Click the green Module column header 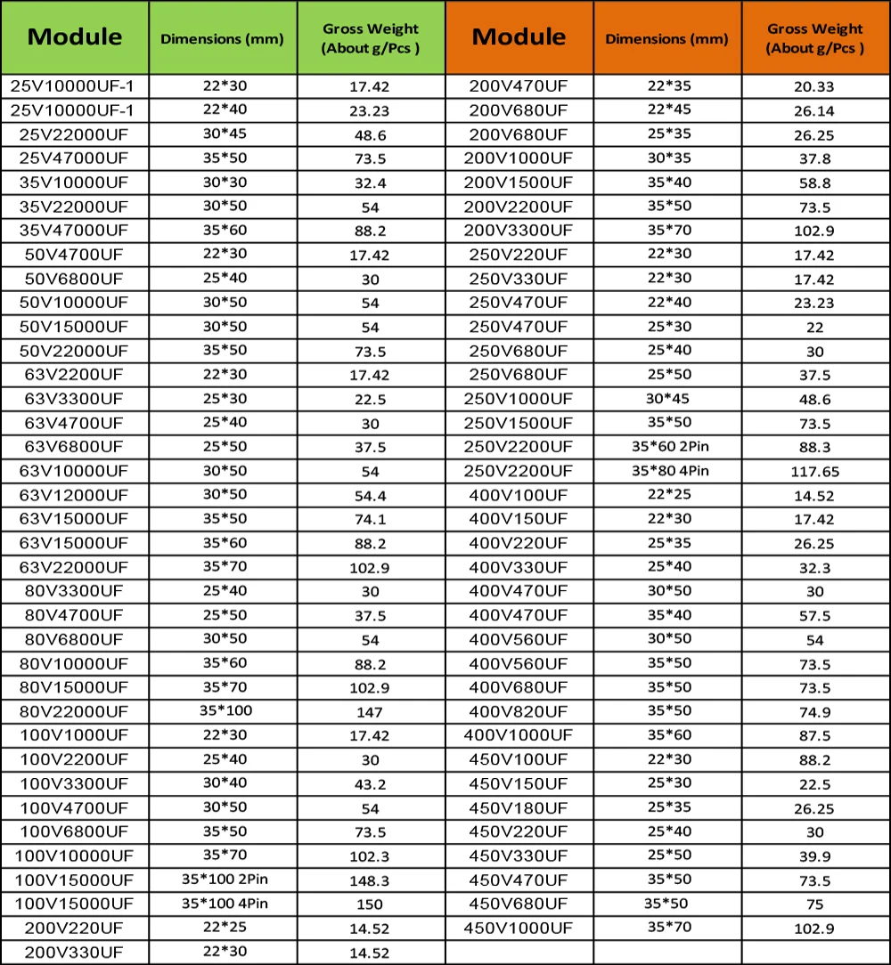(75, 36)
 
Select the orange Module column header (519, 36)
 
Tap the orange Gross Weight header (815, 38)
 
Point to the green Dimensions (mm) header (222, 38)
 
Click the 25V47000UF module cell (75, 158)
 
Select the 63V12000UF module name (75, 494)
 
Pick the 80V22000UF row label (75, 711)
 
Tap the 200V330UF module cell (75, 953)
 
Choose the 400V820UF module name (519, 711)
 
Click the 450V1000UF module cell (519, 929)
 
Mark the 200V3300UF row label (519, 230)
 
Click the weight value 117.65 (815, 472)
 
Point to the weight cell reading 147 (370, 712)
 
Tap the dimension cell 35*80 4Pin (667, 470)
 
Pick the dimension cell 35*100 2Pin (222, 880)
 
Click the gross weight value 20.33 (815, 87)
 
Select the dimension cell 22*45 (667, 109)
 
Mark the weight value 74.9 (815, 712)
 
